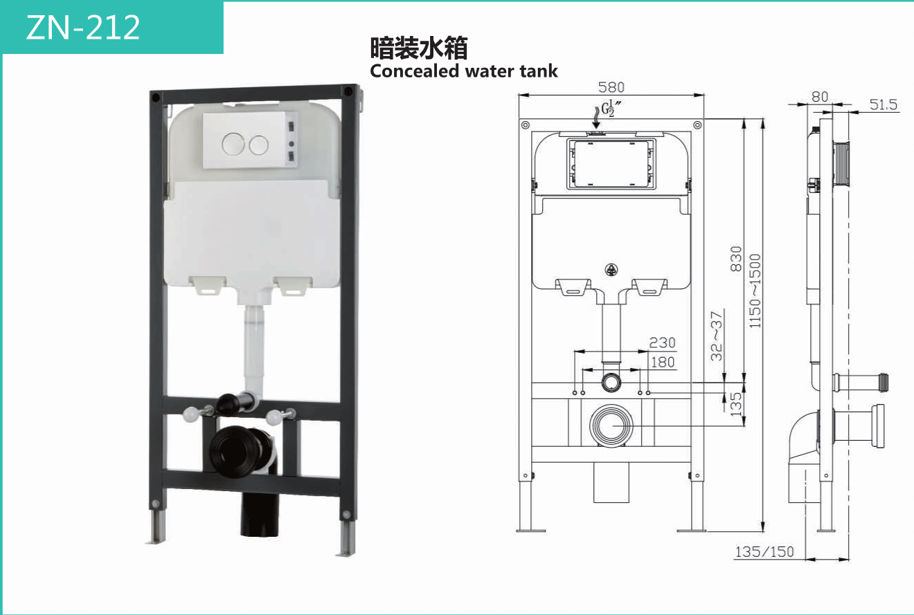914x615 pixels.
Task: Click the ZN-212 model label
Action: [x=83, y=28]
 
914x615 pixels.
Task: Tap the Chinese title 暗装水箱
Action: [x=419, y=48]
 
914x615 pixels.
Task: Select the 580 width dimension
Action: [x=611, y=87]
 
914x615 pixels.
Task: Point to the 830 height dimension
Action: [x=736, y=258]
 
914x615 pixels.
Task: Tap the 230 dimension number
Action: [x=662, y=342]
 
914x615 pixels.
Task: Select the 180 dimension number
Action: [x=662, y=362]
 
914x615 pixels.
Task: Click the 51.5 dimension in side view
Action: [x=884, y=104]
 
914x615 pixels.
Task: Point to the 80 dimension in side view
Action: [x=820, y=97]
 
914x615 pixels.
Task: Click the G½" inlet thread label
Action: [x=609, y=109]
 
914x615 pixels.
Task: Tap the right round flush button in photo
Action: [x=259, y=144]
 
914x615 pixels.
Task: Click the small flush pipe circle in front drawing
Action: [x=611, y=381]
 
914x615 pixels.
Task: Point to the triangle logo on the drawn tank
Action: [x=611, y=270]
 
